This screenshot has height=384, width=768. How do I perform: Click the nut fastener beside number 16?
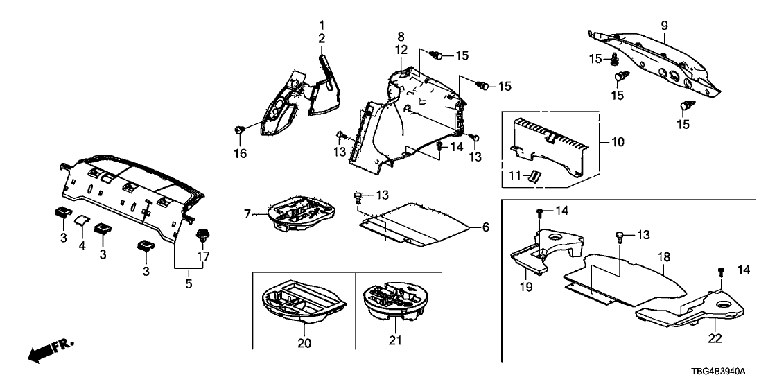click(240, 130)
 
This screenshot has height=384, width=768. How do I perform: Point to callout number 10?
click(617, 143)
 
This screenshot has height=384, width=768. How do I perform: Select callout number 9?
click(663, 26)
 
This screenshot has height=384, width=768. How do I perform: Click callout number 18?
click(663, 257)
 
